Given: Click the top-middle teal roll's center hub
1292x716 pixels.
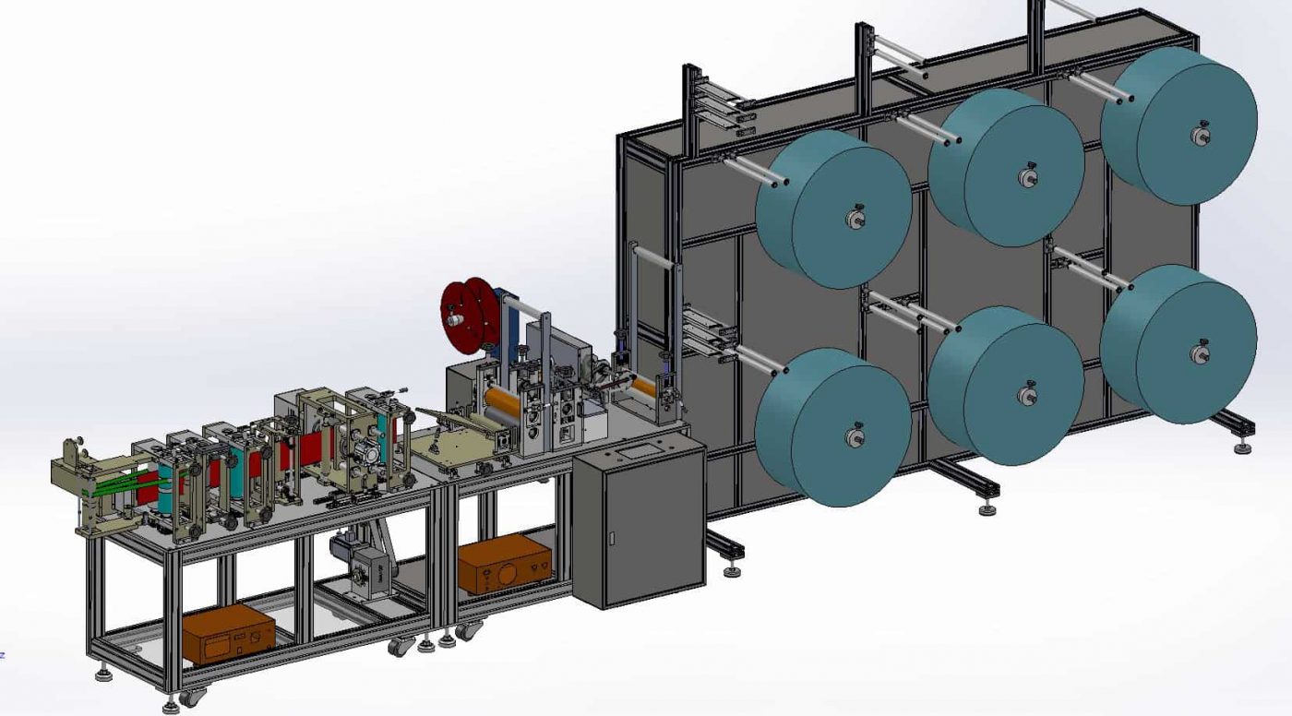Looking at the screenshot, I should click(1026, 177).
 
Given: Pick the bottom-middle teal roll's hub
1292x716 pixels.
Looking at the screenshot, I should click(1026, 395).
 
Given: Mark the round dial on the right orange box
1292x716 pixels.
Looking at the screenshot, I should click(504, 572).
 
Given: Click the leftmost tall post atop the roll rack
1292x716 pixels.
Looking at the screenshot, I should click(688, 101).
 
